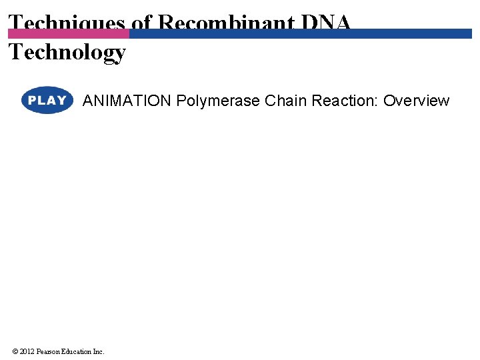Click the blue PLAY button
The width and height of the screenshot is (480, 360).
tap(47, 101)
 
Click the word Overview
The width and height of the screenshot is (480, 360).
tap(416, 101)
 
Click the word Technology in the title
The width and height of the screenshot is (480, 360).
tap(67, 52)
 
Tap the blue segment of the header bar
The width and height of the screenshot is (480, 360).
tap(300, 33)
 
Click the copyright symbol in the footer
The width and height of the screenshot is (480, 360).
tap(15, 351)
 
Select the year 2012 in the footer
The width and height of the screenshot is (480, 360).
tap(27, 351)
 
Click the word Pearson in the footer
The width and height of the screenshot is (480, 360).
tap(48, 351)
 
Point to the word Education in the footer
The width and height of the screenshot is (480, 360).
tap(76, 351)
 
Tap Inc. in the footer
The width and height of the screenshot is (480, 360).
tap(98, 351)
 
